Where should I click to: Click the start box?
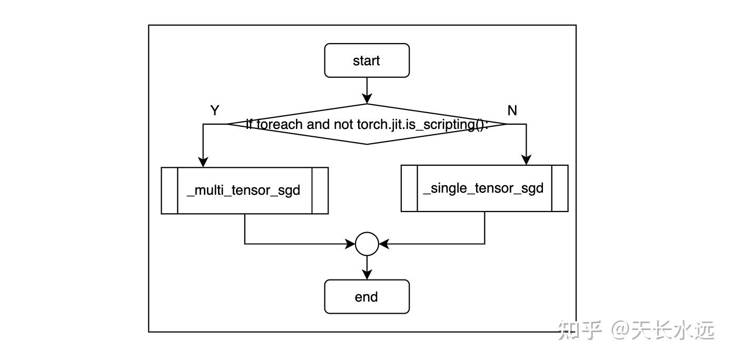366,61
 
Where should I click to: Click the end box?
366,297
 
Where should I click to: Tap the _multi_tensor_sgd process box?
244,191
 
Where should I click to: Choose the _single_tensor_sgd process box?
484,188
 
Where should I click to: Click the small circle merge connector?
367,244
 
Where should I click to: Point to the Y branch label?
214,111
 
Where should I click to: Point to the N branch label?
512,111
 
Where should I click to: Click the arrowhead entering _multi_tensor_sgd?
203,162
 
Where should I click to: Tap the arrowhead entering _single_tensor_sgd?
526,160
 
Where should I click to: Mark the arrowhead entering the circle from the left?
350,244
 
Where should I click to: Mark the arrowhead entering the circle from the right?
384,244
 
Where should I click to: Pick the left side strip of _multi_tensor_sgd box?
170,191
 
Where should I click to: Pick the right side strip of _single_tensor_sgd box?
560,188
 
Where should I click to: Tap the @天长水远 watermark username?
662,331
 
